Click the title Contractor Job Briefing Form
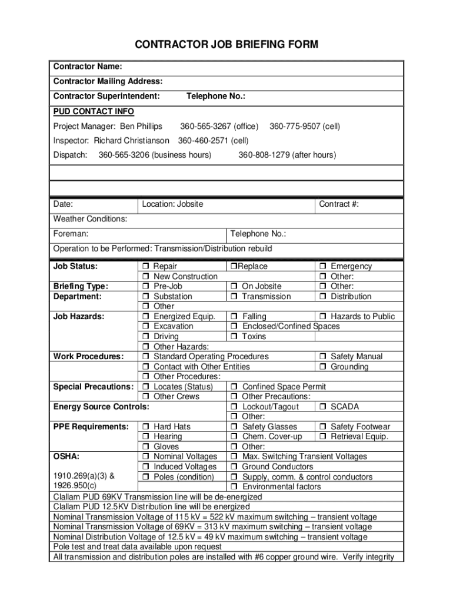(x=226, y=45)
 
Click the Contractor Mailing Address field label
(x=108, y=81)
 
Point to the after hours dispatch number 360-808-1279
(x=287, y=155)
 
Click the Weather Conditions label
(x=90, y=219)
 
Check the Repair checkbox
(x=145, y=267)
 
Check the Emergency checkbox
(x=322, y=267)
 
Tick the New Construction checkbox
(x=145, y=277)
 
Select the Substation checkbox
(x=145, y=297)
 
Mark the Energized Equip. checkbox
(x=145, y=317)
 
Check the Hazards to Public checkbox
(x=322, y=317)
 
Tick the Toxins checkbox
(x=234, y=337)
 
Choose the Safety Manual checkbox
(x=322, y=357)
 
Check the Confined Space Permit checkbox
(x=234, y=387)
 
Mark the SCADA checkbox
(x=322, y=407)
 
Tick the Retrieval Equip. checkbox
(x=322, y=437)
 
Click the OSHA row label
(x=66, y=456)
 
